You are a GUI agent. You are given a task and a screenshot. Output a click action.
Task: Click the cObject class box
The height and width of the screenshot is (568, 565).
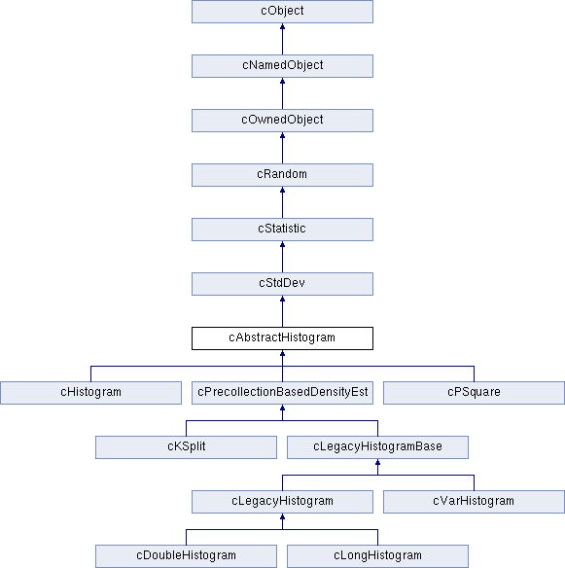[x=282, y=12]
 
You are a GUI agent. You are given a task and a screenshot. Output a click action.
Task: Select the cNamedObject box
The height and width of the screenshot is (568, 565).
[x=282, y=66]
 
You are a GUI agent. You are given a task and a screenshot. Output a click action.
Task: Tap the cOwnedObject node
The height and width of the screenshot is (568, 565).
[x=282, y=121]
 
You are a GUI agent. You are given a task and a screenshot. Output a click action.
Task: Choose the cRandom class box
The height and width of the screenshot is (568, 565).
[x=282, y=175]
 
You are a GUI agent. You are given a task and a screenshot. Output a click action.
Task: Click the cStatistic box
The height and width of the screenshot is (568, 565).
[x=282, y=230]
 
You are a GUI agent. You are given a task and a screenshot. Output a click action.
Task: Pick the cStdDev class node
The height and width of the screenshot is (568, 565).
[x=282, y=284]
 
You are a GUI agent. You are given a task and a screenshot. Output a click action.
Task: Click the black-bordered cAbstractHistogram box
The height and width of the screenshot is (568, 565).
[x=282, y=338]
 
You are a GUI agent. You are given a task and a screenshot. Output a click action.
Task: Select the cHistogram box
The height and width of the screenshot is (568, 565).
[x=90, y=393]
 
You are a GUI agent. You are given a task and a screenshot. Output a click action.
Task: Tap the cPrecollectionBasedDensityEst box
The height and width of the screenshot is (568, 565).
[x=282, y=393]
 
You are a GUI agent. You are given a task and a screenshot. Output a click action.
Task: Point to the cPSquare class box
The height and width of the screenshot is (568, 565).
[x=474, y=393]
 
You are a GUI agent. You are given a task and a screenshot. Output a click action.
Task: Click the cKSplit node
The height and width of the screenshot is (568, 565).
[x=186, y=447]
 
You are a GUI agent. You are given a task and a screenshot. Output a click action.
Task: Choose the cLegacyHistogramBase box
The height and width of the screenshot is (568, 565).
[x=377, y=447]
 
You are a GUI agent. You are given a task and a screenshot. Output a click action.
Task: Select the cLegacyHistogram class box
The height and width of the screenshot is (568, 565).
[x=282, y=502]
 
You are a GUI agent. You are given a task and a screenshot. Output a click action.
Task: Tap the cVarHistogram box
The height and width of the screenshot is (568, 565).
[x=474, y=502]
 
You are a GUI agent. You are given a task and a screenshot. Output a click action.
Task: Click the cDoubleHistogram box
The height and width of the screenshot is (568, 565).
[x=186, y=556]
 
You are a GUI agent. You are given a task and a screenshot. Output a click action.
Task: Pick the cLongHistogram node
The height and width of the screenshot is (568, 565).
[x=377, y=556]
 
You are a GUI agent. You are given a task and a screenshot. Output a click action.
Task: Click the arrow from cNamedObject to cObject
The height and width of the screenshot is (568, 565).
[x=282, y=39]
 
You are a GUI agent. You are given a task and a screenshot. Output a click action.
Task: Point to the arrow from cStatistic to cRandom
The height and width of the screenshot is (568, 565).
[x=282, y=202]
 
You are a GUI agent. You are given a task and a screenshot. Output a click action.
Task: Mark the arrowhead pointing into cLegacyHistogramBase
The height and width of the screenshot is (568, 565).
[x=377, y=462]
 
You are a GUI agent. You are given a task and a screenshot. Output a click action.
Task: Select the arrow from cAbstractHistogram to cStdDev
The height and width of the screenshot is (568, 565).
[x=282, y=311]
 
